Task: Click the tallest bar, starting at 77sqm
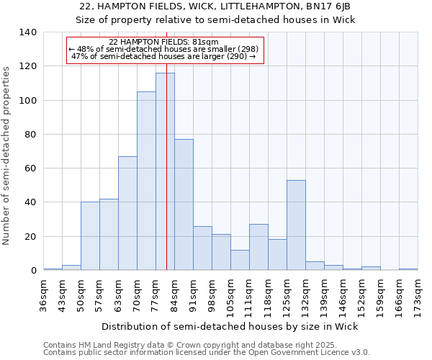(165, 171)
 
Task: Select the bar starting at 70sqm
(146, 181)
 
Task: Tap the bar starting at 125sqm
(296, 225)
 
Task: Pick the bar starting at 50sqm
(90, 236)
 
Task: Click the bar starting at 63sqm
(127, 213)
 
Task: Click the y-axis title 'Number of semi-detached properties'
(7, 156)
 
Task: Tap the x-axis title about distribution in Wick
(230, 326)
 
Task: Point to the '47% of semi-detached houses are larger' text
(164, 55)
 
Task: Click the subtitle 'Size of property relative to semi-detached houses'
(215, 19)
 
